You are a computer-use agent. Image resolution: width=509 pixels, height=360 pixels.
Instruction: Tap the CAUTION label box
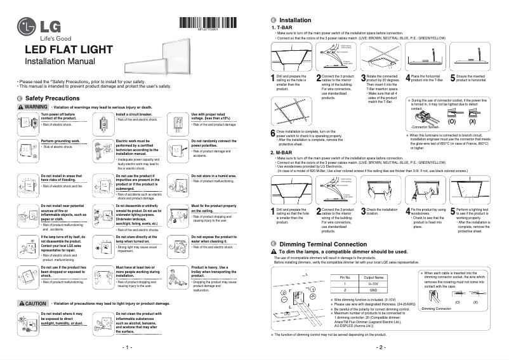[x=33, y=304]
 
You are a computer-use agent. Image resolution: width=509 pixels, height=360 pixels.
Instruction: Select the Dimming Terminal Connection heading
[x=314, y=244]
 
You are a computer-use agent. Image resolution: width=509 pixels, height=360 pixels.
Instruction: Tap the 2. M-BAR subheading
[x=282, y=152]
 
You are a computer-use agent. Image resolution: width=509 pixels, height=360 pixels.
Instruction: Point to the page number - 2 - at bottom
[x=381, y=349]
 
